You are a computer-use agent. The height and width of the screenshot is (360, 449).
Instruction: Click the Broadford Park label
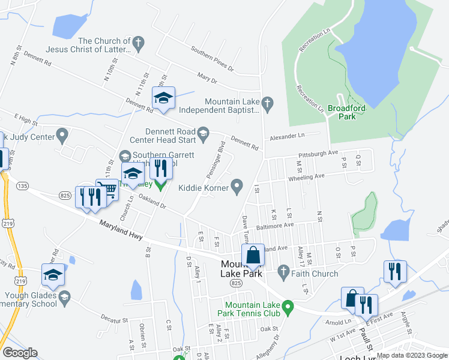(346, 112)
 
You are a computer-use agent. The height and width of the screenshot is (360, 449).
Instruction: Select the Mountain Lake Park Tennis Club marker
(288, 309)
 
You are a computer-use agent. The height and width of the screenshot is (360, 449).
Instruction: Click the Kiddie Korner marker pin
(238, 188)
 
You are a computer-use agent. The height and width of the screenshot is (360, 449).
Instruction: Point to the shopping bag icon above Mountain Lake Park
(253, 255)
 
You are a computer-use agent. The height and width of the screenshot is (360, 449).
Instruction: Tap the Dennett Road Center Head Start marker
(203, 133)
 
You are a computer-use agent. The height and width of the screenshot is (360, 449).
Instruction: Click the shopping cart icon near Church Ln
(109, 190)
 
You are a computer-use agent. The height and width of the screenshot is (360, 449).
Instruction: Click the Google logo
(20, 353)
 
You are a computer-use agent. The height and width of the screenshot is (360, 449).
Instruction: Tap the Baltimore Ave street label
(276, 226)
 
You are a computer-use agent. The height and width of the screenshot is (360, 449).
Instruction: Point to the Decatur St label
(115, 317)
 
